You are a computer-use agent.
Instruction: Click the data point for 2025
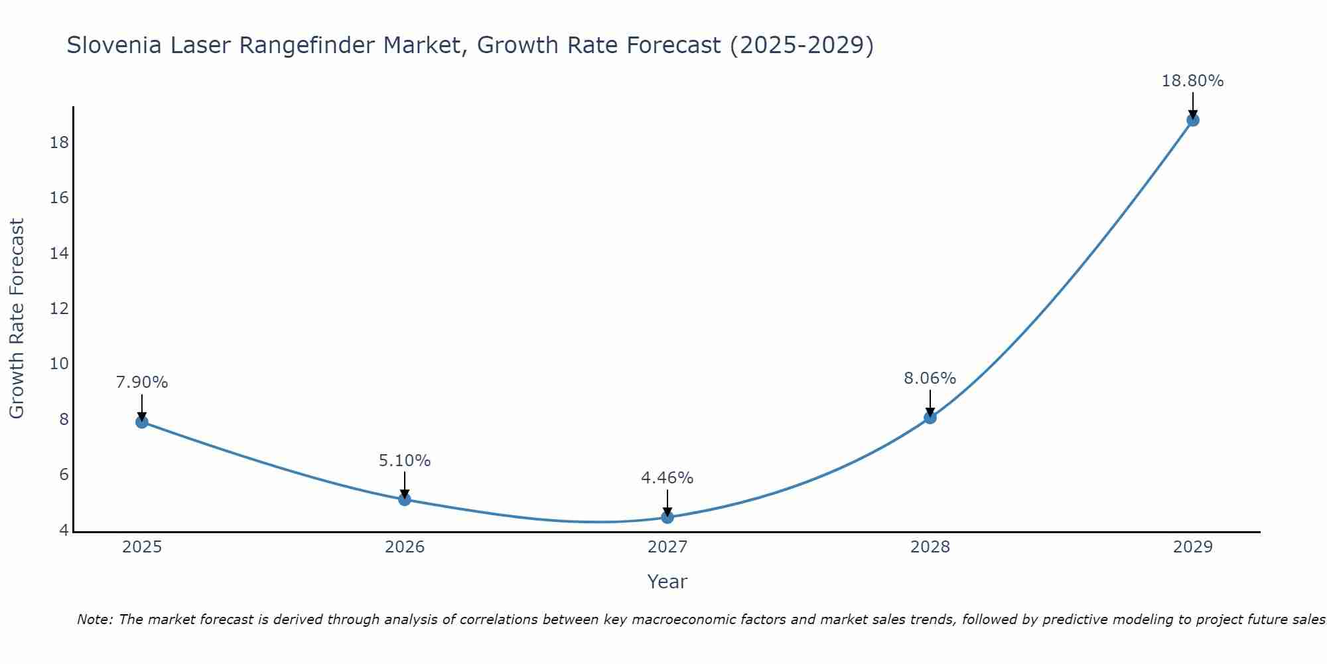pos(142,422)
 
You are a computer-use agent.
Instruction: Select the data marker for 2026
pos(405,499)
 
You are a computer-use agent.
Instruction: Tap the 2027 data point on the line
pos(667,517)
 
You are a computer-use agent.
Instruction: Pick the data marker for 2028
pos(930,418)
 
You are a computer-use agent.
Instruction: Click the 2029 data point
pos(1193,120)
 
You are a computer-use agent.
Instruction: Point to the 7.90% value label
pos(142,382)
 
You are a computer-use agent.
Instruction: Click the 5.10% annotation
pos(405,460)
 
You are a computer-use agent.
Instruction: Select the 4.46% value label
pos(667,478)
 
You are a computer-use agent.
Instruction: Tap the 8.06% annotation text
pos(930,378)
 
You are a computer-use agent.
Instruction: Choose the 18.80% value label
pos(1193,81)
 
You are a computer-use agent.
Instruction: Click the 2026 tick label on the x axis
pos(405,547)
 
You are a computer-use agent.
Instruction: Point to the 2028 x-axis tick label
pos(930,547)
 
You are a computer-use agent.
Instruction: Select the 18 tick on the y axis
pos(60,143)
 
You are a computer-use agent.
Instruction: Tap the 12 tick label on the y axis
pos(60,309)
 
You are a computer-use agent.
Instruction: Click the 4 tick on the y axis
pos(64,530)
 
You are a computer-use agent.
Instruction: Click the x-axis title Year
pos(667,582)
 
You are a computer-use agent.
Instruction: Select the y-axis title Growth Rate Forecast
pos(17,319)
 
